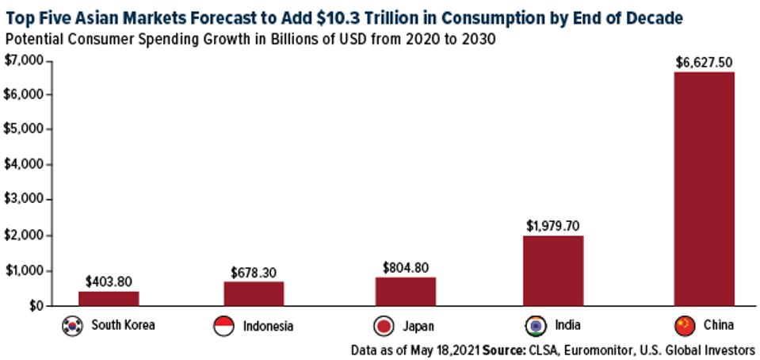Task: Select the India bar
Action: [553, 270]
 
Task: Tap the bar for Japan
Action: [405, 291]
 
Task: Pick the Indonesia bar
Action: [254, 293]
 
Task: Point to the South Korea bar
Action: [109, 298]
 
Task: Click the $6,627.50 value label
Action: [704, 62]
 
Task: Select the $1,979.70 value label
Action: [553, 225]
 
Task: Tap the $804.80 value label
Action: [405, 267]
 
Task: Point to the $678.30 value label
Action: [254, 272]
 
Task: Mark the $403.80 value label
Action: [109, 281]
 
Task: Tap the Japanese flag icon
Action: [384, 325]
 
